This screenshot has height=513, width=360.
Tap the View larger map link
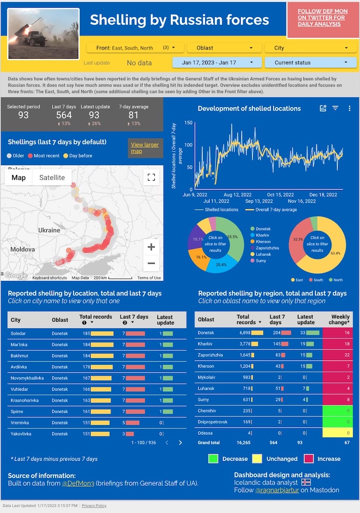click(145, 148)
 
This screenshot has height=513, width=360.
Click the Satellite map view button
click(52, 178)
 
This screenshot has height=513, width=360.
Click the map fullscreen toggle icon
click(151, 178)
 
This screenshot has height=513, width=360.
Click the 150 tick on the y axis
click(188, 123)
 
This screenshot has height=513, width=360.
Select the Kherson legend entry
click(263, 241)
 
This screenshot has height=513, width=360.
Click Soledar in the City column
click(19, 333)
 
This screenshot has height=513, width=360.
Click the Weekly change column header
click(340, 320)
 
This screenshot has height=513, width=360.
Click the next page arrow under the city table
click(180, 443)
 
